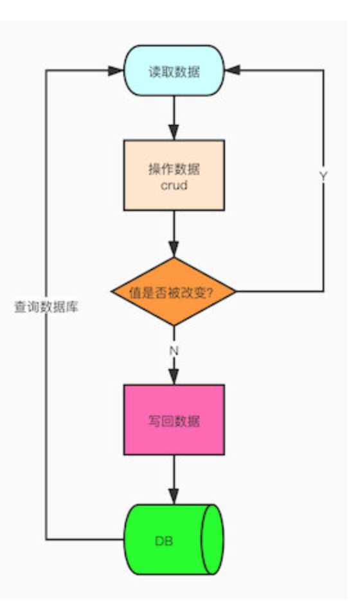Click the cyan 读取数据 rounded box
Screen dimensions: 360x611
[174, 71]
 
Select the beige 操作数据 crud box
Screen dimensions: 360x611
[174, 175]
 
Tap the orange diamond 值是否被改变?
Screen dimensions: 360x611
[174, 291]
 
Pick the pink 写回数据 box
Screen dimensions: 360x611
[174, 420]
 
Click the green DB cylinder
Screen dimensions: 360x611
[174, 540]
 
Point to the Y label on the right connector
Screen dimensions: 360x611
[323, 176]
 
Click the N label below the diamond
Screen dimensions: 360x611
[174, 351]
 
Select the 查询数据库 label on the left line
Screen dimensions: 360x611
[46, 307]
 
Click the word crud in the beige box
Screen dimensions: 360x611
[174, 185]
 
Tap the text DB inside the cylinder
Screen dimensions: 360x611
[164, 541]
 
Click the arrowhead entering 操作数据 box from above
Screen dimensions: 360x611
[174, 132]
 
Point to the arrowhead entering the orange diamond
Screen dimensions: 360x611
[174, 250]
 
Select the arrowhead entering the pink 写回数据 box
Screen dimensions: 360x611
[174, 377]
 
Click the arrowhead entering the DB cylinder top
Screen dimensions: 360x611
[174, 497]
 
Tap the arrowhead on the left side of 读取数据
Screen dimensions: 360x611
[116, 71]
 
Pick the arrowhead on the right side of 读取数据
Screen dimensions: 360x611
[233, 71]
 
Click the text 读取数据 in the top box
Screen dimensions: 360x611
[174, 71]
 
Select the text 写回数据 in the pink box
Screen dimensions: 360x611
[174, 421]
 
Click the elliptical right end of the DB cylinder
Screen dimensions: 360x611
[213, 540]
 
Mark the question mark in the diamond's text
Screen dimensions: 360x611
[210, 293]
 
